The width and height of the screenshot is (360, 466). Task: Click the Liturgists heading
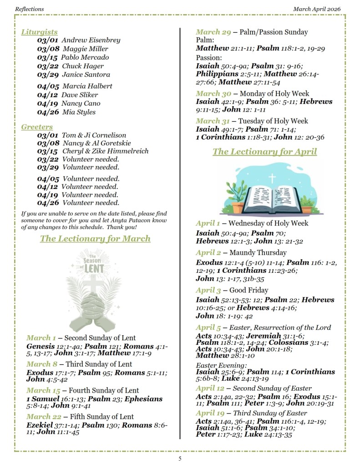pos(39,32)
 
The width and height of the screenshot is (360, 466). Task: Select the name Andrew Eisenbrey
pos(91,40)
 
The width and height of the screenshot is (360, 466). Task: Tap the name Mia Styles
pos(79,112)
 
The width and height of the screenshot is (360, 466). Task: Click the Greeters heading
pos(37,127)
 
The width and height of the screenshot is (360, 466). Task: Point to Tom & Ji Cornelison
pos(94,135)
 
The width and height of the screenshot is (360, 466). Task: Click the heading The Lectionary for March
pos(95,238)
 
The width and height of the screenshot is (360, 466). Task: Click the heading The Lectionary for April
pos(264,152)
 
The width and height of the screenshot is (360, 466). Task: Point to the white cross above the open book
pos(272,177)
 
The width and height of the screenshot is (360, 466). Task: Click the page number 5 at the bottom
pos(180,458)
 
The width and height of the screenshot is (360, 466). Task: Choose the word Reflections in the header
pos(29,9)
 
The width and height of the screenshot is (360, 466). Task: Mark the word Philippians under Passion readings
pos(217,74)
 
